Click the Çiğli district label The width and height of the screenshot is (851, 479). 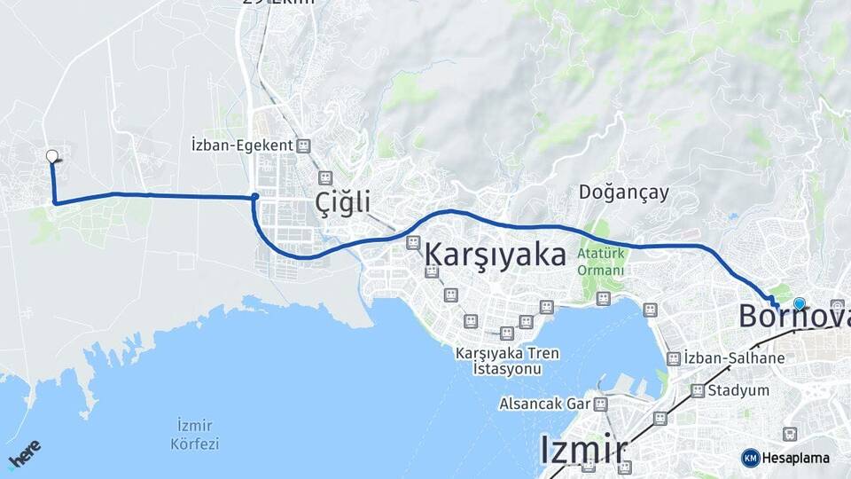coord(342,203)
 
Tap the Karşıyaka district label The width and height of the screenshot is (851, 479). coord(496,255)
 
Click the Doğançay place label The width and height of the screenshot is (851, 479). coord(623,192)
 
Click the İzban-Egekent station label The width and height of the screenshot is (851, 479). coord(242,145)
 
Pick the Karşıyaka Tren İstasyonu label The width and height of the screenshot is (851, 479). coord(507,360)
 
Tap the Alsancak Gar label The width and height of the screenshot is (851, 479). coord(544,404)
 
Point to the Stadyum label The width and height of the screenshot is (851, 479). coord(738,390)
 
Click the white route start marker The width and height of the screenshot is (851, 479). coord(51,156)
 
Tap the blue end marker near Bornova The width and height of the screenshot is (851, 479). coord(800,303)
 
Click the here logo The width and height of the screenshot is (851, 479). coord(24,455)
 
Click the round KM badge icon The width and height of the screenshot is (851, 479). coord(750,458)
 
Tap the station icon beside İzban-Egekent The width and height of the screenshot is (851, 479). coord(304,145)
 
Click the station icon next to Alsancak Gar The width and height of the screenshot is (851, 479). coord(601,404)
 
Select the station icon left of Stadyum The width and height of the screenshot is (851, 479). coord(698,390)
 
